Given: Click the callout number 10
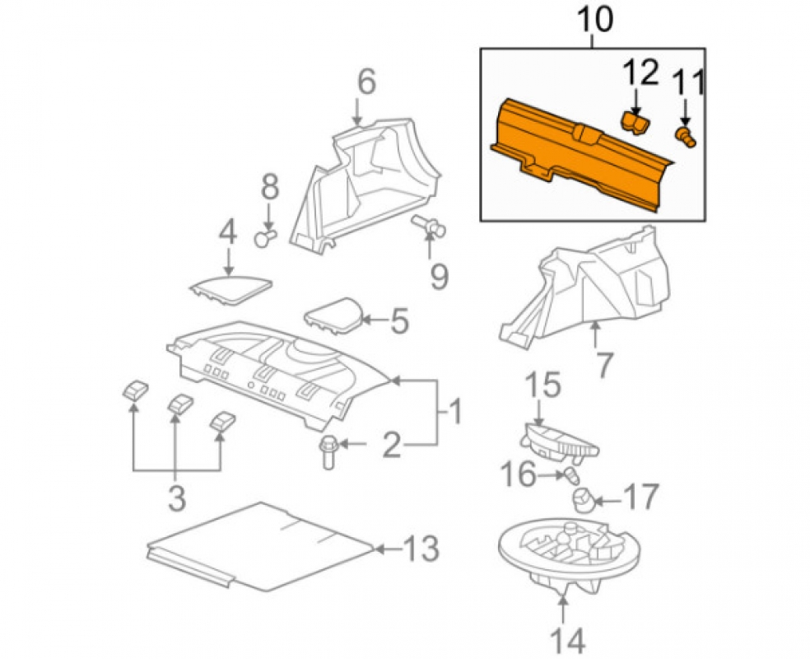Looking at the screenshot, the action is [x=594, y=21].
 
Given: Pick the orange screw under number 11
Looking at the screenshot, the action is [x=686, y=137].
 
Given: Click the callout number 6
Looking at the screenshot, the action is [x=367, y=83].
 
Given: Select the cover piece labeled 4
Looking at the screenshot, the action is [x=230, y=289].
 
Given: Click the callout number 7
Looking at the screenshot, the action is [x=604, y=364].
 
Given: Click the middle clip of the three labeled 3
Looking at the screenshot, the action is [x=180, y=404].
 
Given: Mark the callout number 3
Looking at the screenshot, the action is [x=177, y=498].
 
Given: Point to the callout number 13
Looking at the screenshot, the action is [x=421, y=549].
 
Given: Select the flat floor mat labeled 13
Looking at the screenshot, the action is [x=260, y=546].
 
